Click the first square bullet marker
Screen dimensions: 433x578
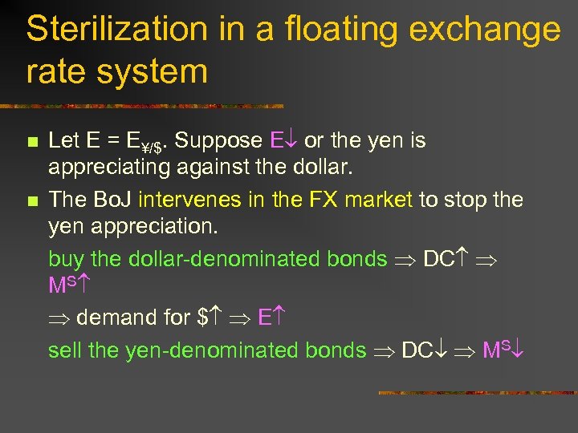[x=32, y=142]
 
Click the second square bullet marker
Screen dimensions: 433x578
[x=32, y=200]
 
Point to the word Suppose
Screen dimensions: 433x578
[x=218, y=140]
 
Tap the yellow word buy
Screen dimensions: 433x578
[x=66, y=259]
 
